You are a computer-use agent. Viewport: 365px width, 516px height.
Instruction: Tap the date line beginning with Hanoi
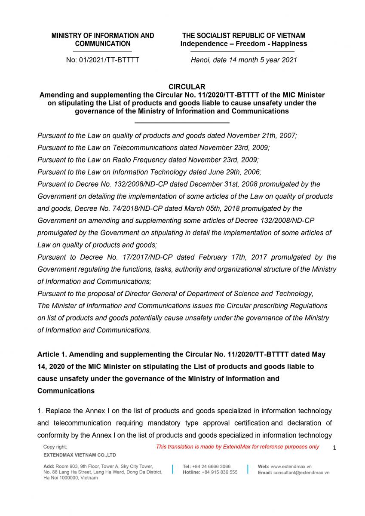244,60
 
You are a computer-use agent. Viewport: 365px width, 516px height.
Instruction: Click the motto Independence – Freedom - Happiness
244,44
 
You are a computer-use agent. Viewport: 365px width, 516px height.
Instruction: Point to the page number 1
334,448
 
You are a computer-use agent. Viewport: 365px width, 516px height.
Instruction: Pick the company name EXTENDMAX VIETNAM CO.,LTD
80,455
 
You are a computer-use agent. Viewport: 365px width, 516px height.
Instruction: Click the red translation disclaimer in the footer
237,447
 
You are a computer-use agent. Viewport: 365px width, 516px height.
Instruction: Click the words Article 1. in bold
52,355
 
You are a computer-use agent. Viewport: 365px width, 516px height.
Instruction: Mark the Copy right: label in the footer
55,447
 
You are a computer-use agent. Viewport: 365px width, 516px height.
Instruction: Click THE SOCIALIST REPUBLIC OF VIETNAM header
244,36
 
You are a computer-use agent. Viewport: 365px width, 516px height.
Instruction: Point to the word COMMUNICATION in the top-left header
103,44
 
